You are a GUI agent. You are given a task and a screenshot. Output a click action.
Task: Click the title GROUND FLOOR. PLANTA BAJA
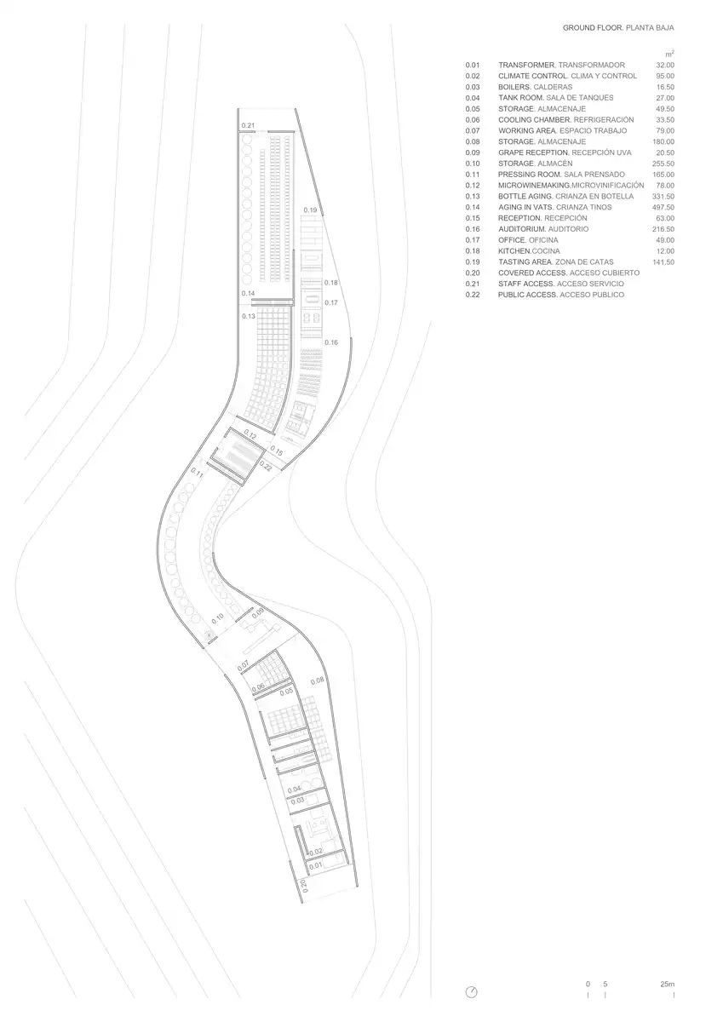(x=618, y=28)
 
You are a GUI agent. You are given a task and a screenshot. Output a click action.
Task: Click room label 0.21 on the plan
(x=248, y=125)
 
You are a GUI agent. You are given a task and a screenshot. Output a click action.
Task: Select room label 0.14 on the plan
(x=248, y=293)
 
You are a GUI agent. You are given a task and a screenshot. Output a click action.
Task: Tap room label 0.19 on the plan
(x=310, y=210)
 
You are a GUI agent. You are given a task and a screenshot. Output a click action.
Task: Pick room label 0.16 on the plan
(x=331, y=342)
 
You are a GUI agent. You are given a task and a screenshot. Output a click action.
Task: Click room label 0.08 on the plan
(x=317, y=680)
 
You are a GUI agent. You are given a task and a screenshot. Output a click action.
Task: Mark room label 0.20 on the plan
(x=304, y=886)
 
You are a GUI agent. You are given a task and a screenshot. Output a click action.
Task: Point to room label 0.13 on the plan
(x=249, y=316)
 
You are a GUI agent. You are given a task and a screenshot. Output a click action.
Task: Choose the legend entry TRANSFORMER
(x=526, y=65)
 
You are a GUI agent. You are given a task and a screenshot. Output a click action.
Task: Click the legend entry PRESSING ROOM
(x=529, y=175)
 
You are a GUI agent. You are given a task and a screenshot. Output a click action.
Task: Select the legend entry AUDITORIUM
(x=522, y=229)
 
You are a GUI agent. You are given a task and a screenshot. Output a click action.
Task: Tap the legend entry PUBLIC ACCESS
(x=528, y=295)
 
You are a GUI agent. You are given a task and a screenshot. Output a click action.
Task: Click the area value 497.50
(x=663, y=207)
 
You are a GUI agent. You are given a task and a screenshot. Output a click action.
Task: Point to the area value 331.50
(x=663, y=196)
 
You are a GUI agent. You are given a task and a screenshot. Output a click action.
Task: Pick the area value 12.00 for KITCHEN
(x=665, y=251)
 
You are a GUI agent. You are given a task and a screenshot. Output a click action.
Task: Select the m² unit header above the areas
(x=669, y=54)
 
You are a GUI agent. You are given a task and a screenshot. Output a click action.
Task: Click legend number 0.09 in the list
(x=473, y=152)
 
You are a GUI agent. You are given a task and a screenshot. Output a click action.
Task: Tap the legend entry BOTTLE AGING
(x=526, y=196)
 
